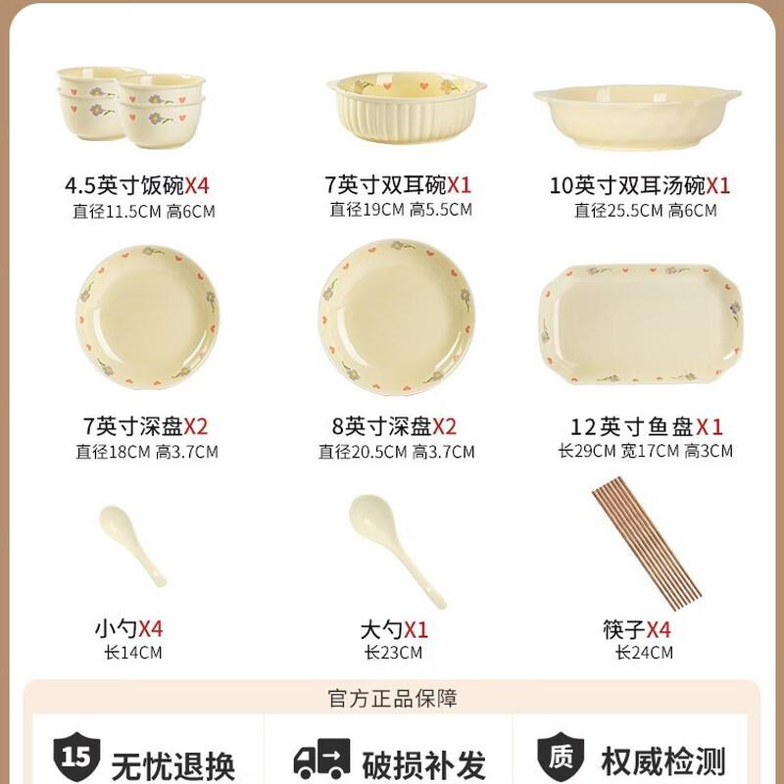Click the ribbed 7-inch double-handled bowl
[406, 109]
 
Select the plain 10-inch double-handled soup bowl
[637, 118]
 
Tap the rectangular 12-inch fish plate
[641, 324]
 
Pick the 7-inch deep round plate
[148, 318]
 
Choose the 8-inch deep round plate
[397, 317]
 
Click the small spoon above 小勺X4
[132, 546]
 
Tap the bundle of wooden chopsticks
[647, 543]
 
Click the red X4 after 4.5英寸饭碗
[197, 186]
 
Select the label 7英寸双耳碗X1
[398, 185]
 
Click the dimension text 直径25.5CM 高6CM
[645, 211]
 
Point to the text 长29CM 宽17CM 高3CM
[645, 451]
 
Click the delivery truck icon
[321, 758]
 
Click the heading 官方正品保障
[393, 699]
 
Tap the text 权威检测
[663, 762]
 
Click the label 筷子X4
[637, 629]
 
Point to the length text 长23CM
[393, 653]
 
